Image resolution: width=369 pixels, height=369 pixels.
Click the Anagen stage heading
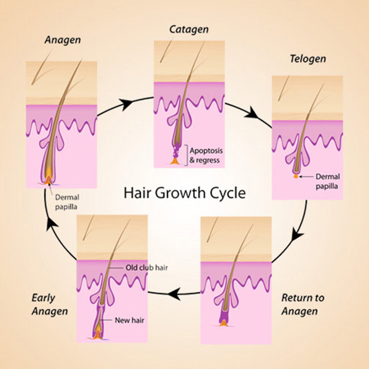coord(63,40)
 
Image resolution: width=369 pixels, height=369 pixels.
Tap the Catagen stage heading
coord(189,30)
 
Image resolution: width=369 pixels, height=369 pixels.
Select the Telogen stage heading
coord(308,59)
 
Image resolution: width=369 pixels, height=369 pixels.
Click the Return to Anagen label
coord(303,304)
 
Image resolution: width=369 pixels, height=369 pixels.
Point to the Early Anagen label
coord(50,304)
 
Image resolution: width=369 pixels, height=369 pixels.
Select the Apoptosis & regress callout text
coord(206,156)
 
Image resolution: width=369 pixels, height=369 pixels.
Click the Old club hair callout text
coord(146,268)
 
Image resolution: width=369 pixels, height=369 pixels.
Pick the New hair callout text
coord(129,320)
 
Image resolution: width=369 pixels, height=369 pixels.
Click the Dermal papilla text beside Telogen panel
coord(328,181)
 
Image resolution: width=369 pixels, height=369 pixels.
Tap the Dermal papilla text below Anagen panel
coord(67,202)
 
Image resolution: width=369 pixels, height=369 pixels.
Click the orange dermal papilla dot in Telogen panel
coord(296,176)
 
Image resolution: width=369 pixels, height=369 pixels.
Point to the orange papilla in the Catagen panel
coord(175,161)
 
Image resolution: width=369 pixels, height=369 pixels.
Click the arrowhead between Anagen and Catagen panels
coord(125,105)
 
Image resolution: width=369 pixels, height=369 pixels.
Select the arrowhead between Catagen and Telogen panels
coord(252,113)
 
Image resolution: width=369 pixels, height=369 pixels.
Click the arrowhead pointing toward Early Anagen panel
coord(174,294)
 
